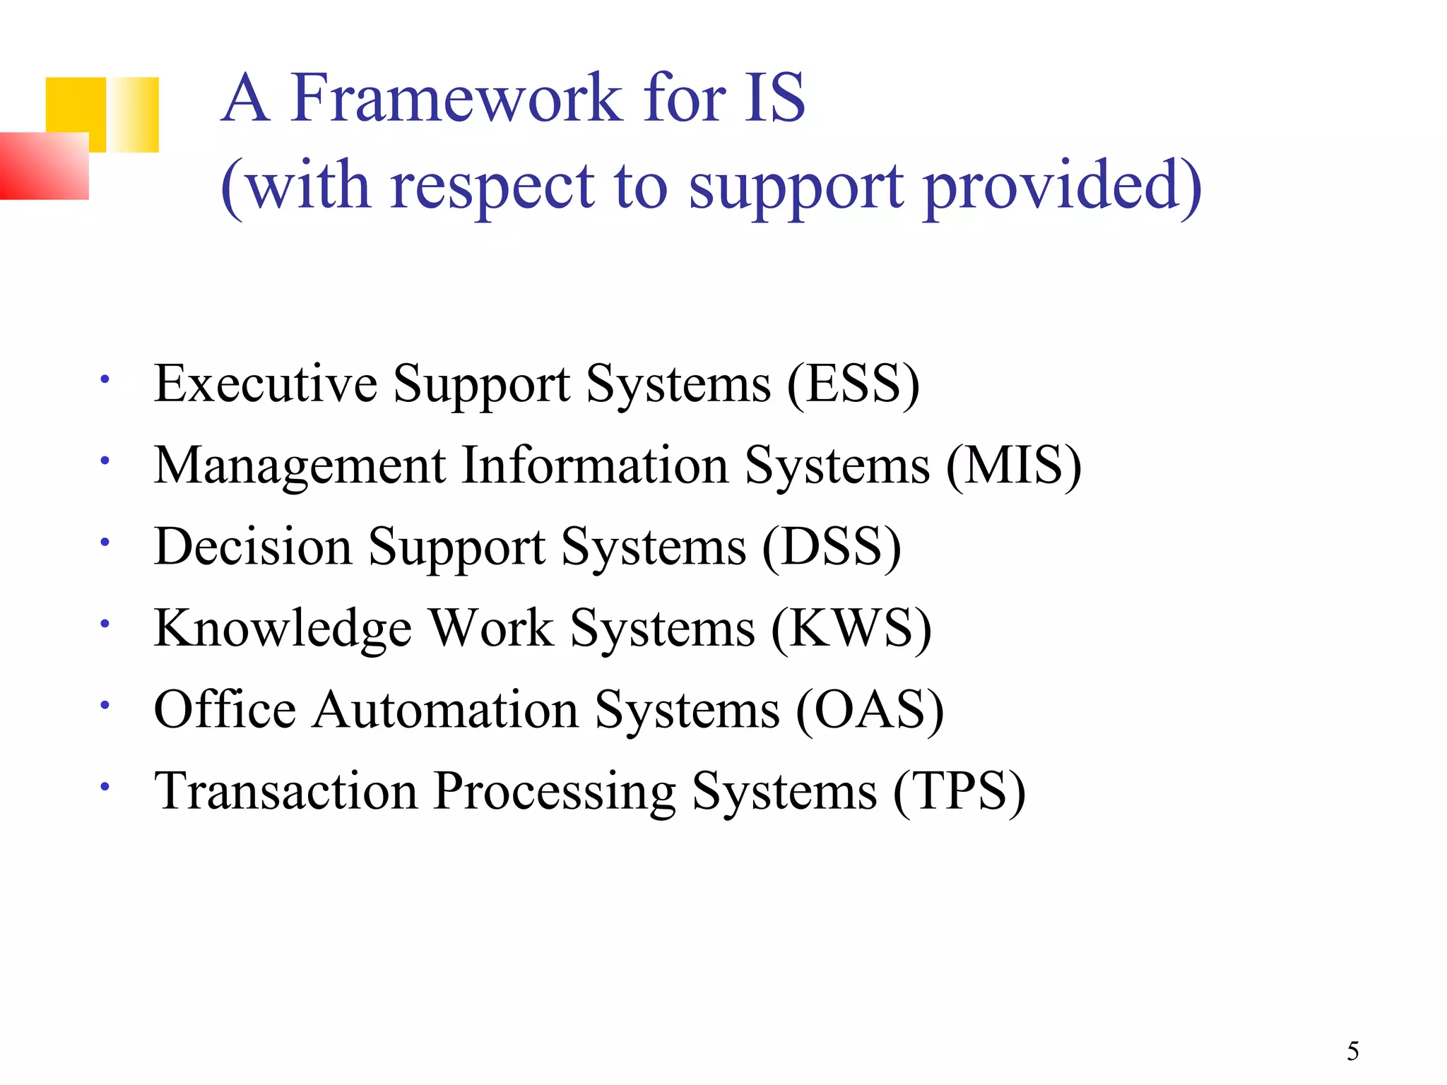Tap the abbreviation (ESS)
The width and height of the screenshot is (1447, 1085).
854,384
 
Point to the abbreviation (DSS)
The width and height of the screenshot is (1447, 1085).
832,547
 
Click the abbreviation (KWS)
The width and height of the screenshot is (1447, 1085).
851,629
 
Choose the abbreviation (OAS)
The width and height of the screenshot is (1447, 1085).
870,710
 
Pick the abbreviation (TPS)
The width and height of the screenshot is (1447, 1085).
959,791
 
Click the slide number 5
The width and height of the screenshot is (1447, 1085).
1352,1051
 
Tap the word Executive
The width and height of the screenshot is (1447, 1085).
266,384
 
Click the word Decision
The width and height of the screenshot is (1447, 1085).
253,547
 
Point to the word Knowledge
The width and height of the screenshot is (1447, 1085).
283,629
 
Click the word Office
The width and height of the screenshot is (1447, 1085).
225,710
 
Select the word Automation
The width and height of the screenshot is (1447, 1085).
447,710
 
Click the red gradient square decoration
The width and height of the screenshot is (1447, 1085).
44,166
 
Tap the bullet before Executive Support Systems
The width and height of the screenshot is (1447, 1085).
105,380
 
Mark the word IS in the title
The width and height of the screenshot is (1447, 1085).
774,99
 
